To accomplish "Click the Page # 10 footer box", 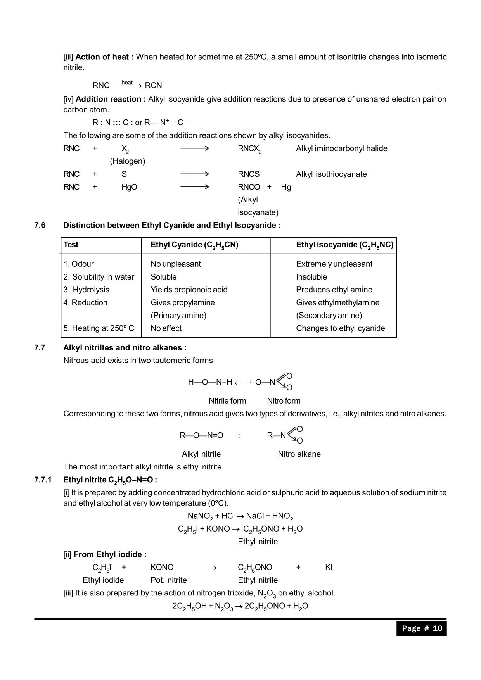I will [x=421, y=628].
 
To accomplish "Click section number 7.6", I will [x=40, y=225].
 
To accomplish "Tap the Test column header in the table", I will [x=71, y=245].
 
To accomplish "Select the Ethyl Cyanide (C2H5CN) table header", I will [x=194, y=245].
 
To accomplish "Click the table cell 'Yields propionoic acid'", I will [x=189, y=290].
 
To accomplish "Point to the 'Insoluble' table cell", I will [x=311, y=277].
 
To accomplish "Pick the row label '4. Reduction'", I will [x=85, y=302].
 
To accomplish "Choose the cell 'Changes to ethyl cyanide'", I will [x=340, y=328].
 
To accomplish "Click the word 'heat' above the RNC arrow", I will [x=127, y=82].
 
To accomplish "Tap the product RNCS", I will [x=249, y=174].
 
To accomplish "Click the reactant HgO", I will [x=129, y=187].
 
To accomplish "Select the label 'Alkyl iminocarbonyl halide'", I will [x=341, y=148].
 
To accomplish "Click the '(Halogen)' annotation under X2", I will [x=128, y=161].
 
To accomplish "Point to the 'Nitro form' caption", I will [x=284, y=401].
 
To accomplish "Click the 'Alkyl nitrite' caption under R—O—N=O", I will [x=201, y=454].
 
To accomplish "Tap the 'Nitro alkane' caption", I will [x=299, y=454].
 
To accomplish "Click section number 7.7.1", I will [x=43, y=480].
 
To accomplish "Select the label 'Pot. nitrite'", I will [x=169, y=580].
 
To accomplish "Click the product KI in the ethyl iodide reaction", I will [x=329, y=567].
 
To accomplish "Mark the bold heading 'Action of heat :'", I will [x=104, y=57].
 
